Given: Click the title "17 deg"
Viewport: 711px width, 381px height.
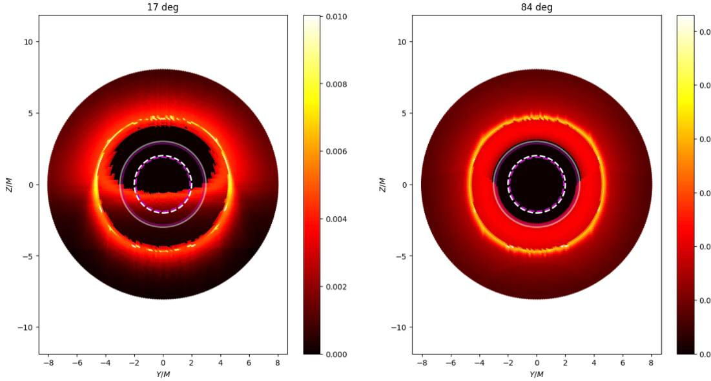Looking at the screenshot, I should (163, 7).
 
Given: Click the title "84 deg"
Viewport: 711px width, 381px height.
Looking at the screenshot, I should (537, 7).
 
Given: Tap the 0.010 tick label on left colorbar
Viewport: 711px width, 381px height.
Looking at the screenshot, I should (336, 17).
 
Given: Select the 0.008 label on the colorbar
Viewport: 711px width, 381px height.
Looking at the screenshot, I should (336, 84).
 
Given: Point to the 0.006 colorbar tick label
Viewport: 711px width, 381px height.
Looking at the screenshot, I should (336, 152).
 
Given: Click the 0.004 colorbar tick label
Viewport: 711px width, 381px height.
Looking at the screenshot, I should (336, 219).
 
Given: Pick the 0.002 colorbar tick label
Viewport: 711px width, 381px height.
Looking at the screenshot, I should (336, 287).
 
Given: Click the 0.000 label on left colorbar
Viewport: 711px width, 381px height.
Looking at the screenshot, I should (336, 354).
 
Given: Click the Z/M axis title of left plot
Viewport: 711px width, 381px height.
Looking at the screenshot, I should (8, 185).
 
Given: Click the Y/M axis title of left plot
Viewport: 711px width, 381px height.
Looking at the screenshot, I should (163, 375).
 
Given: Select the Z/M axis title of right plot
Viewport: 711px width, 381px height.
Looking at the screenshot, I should (382, 185).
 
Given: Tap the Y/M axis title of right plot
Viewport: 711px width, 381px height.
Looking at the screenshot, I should (537, 375).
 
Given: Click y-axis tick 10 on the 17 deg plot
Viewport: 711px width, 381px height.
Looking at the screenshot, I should (28, 42).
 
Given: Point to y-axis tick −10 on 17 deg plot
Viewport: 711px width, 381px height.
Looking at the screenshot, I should (26, 327).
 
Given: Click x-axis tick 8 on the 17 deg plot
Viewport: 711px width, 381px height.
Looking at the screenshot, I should (278, 363).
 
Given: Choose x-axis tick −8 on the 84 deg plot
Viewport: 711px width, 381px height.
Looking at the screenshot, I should (422, 363).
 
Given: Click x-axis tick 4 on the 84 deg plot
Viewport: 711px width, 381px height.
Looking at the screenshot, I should (594, 363).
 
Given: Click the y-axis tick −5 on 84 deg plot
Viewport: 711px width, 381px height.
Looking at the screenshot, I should (402, 256).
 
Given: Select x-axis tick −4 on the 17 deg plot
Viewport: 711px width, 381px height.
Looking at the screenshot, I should (105, 363).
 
